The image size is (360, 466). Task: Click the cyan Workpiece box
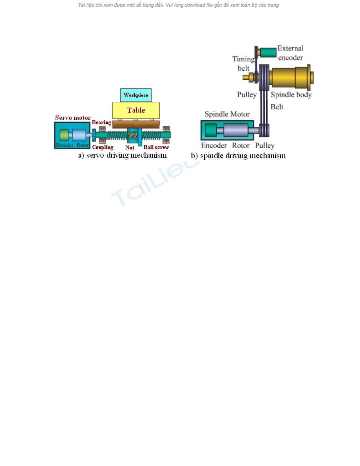click(136, 95)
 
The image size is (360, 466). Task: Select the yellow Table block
click(136, 110)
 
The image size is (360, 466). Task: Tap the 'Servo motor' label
click(73, 118)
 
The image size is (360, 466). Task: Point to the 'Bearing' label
click(102, 122)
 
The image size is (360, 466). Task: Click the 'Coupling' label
click(103, 147)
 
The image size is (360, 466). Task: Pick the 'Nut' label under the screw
click(130, 148)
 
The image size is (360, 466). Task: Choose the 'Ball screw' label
click(156, 147)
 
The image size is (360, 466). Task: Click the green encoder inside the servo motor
click(64, 135)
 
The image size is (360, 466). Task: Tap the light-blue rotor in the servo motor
click(79, 135)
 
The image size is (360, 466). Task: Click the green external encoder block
click(268, 52)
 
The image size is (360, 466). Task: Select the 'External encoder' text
click(290, 53)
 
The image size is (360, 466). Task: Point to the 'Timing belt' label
click(244, 64)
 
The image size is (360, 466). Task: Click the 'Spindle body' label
click(291, 95)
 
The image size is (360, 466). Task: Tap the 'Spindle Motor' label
click(227, 114)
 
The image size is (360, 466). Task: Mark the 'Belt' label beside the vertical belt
click(277, 107)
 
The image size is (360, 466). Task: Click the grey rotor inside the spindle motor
click(236, 130)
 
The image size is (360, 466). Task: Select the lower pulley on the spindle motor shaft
click(264, 130)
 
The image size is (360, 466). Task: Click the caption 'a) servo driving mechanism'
click(122, 155)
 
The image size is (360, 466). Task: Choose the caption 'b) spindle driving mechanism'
click(238, 156)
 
